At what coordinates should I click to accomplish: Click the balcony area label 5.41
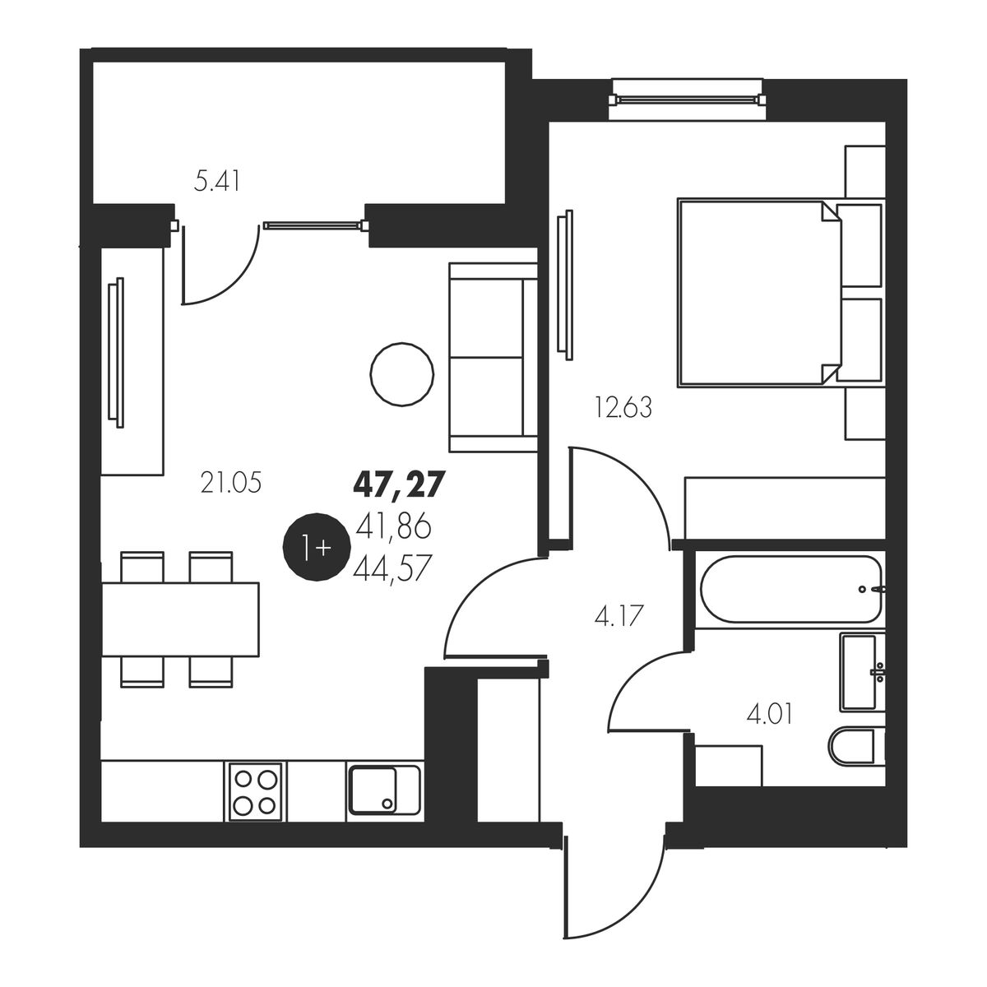pyautogui.click(x=217, y=181)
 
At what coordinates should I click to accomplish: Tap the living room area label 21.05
pyautogui.click(x=231, y=483)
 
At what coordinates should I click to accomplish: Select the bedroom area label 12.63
pyautogui.click(x=623, y=408)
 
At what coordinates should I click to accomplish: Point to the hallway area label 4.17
pyautogui.click(x=619, y=615)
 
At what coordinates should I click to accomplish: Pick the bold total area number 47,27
pyautogui.click(x=397, y=484)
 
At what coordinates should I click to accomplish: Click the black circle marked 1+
pyautogui.click(x=317, y=547)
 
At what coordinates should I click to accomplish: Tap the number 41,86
pyautogui.click(x=393, y=528)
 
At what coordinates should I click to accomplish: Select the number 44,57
pyautogui.click(x=392, y=568)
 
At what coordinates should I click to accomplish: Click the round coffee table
pyautogui.click(x=402, y=374)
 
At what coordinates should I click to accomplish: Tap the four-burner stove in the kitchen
pyautogui.click(x=254, y=792)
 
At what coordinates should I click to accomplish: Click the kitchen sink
pyautogui.click(x=385, y=790)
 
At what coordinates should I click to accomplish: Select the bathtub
pyautogui.click(x=791, y=590)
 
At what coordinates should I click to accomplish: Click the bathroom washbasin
pyautogui.click(x=863, y=671)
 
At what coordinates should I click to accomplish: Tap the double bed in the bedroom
pyautogui.click(x=779, y=293)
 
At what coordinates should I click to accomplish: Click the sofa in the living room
pyautogui.click(x=493, y=357)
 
